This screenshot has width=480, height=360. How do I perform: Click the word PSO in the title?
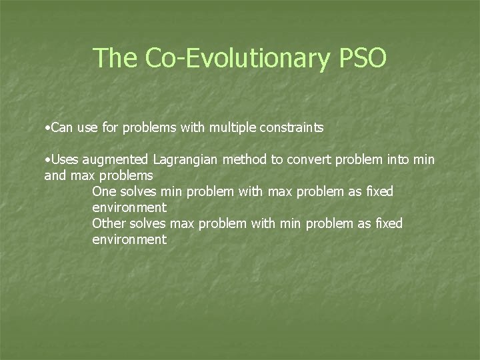pyautogui.click(x=362, y=58)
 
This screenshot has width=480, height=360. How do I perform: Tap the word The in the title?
pyautogui.click(x=115, y=58)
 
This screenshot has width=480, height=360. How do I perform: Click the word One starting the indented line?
pyautogui.click(x=104, y=191)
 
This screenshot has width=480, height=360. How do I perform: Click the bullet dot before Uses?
pyautogui.click(x=46, y=159)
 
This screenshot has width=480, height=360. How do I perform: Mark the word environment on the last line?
pyautogui.click(x=129, y=239)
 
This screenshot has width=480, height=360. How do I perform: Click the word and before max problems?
pyautogui.click(x=54, y=175)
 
